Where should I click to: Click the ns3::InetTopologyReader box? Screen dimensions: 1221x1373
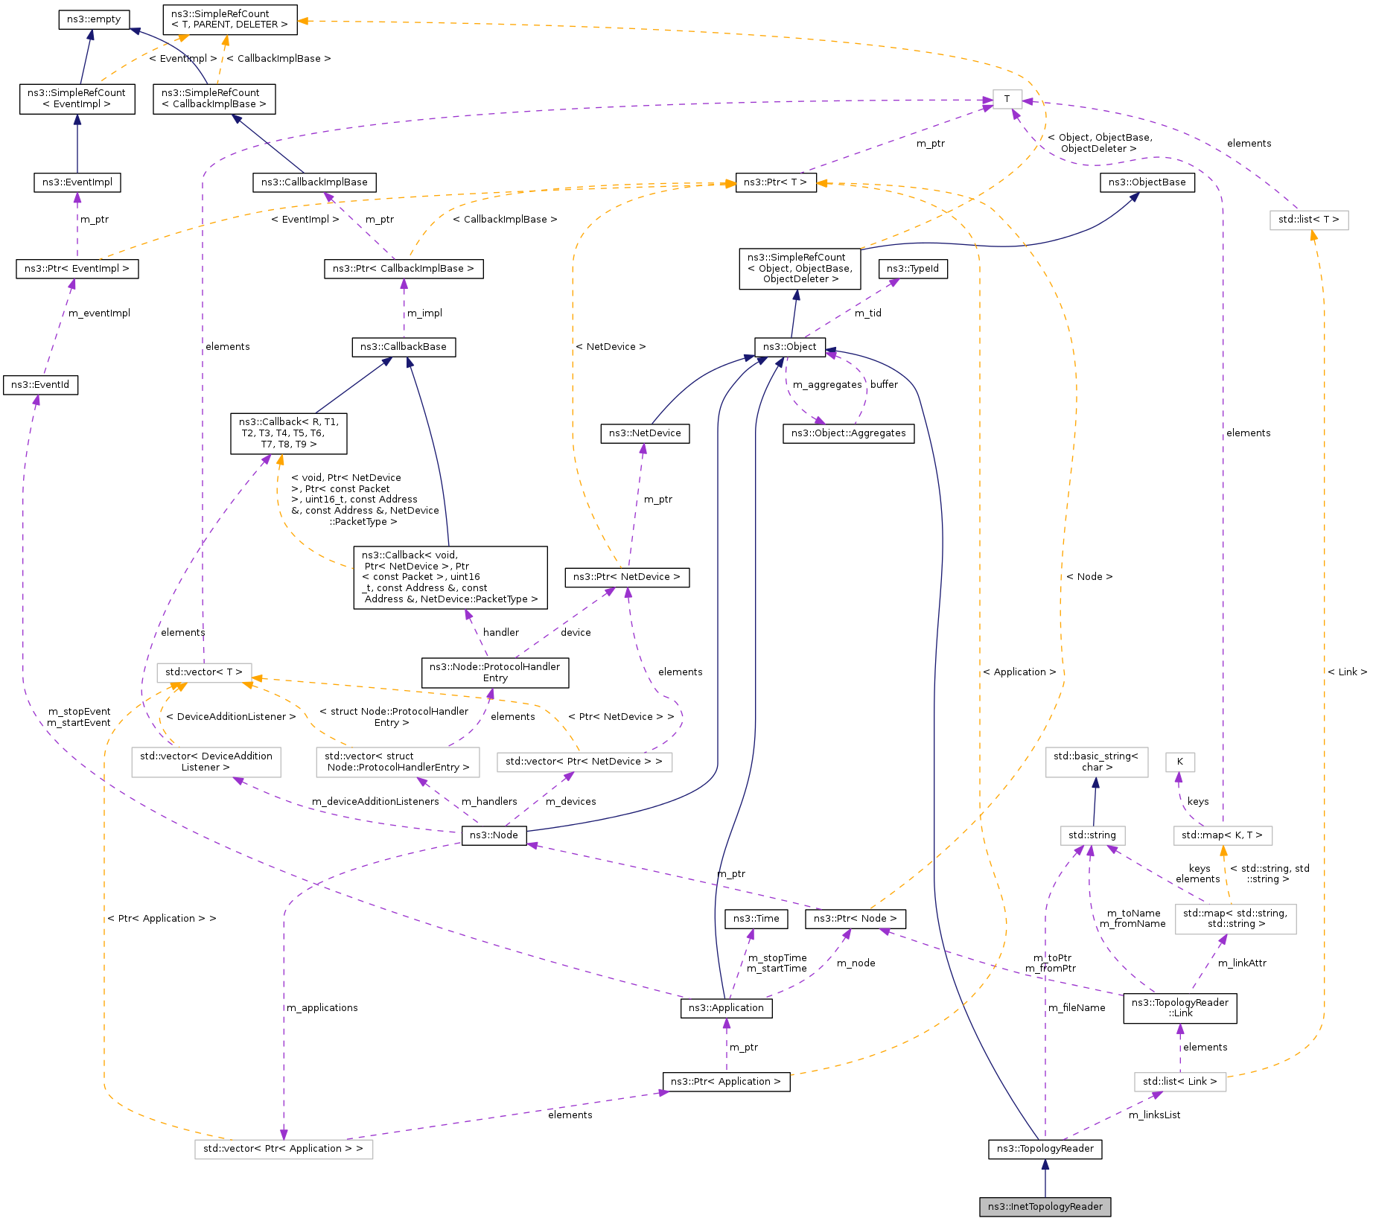(x=1045, y=1206)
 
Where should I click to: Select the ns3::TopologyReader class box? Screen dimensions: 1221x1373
(x=1045, y=1148)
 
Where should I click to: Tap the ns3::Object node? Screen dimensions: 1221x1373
(x=789, y=346)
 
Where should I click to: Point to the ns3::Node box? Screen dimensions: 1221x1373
(x=493, y=835)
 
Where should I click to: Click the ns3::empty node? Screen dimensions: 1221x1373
(x=94, y=19)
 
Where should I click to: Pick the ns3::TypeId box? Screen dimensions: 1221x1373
(x=913, y=268)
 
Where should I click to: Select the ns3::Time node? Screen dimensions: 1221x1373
(x=756, y=918)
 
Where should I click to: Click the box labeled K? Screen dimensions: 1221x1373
(x=1179, y=762)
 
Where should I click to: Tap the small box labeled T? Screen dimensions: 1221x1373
(x=1007, y=98)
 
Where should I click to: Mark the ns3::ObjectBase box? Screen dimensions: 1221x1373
(x=1147, y=182)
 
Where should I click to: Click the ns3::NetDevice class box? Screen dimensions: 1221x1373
(x=645, y=433)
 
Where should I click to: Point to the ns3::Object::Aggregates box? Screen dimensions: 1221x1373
(x=848, y=433)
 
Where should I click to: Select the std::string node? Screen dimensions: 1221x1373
(x=1092, y=835)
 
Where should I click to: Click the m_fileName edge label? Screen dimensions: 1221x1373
(x=1077, y=1007)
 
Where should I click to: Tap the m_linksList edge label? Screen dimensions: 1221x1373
(x=1154, y=1115)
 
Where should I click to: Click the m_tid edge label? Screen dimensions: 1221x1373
(x=867, y=313)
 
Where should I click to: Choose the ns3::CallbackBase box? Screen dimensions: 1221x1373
(x=404, y=346)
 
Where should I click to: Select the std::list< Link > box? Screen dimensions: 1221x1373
(x=1179, y=1081)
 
